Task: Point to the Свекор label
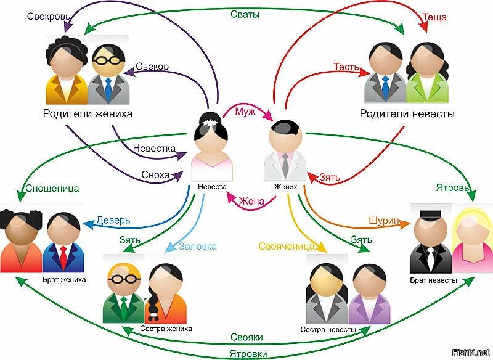pyautogui.click(x=152, y=66)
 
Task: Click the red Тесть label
pyautogui.click(x=346, y=66)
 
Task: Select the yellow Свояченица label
pyautogui.click(x=287, y=247)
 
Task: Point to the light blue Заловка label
pyautogui.click(x=198, y=246)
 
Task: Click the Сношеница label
pyautogui.click(x=52, y=189)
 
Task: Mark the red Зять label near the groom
pyautogui.click(x=329, y=177)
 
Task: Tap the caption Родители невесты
pyautogui.click(x=407, y=114)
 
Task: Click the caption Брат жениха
pyautogui.click(x=64, y=279)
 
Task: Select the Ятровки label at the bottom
pyautogui.click(x=248, y=353)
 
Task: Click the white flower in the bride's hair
pyautogui.click(x=212, y=123)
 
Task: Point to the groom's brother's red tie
pyautogui.click(x=63, y=253)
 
